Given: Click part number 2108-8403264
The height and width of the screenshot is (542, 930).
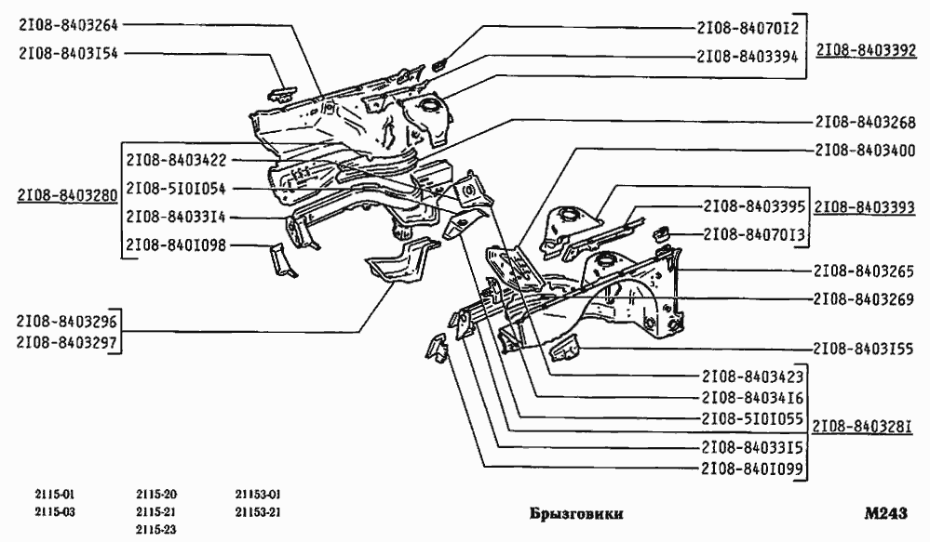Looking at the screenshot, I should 69,26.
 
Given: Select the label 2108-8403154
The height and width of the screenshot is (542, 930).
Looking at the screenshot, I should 69,53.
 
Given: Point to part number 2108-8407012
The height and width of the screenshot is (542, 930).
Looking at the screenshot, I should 748,28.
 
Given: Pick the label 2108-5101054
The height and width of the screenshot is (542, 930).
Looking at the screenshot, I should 176,188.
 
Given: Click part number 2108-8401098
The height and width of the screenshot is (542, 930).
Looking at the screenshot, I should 176,245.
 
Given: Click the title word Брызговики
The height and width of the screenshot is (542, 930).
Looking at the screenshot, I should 576,514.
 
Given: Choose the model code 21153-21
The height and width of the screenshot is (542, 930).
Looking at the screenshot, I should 258,512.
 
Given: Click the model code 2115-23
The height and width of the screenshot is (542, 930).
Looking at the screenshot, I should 156,529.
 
